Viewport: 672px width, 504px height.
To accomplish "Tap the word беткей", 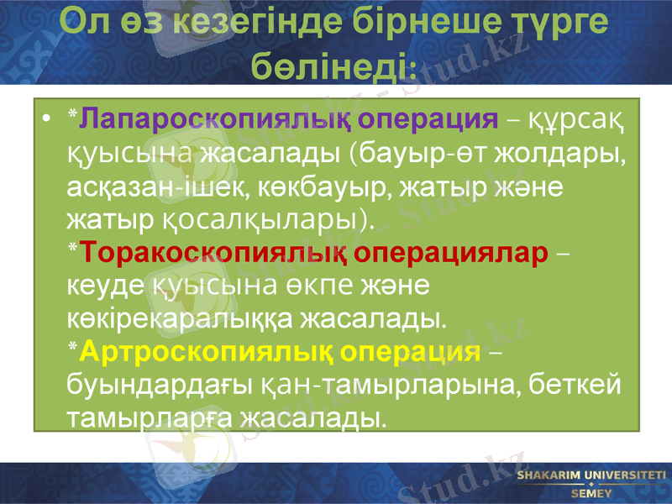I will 580,385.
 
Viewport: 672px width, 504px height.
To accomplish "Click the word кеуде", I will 102,286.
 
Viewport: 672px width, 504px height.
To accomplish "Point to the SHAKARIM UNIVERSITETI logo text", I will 591,476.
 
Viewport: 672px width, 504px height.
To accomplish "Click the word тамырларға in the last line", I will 149,417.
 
